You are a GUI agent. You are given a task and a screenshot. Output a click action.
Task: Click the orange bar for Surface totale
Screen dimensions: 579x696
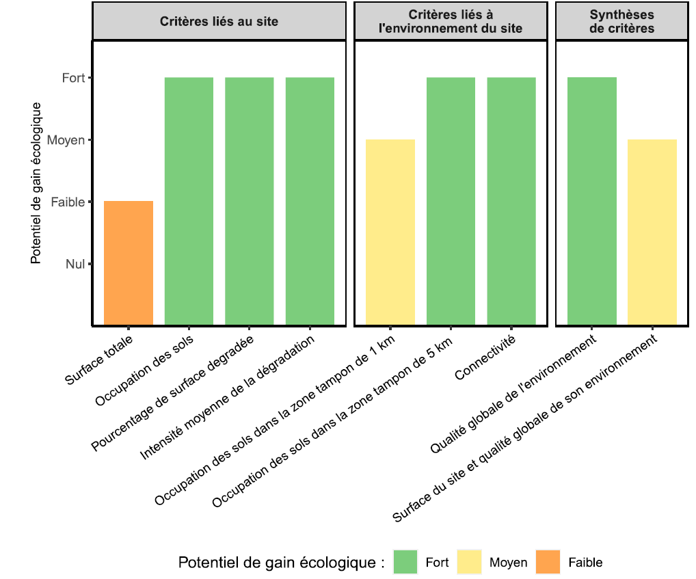(129, 263)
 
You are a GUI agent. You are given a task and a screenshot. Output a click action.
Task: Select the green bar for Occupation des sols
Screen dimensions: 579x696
(189, 201)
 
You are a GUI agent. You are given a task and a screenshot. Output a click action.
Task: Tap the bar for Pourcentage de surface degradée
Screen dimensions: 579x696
(250, 201)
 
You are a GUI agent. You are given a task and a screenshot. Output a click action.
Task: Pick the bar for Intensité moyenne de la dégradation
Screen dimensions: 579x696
(310, 201)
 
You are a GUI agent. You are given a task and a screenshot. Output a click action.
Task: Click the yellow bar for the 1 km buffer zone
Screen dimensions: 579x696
(390, 232)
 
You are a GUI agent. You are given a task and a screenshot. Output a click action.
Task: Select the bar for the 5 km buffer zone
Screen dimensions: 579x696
(451, 201)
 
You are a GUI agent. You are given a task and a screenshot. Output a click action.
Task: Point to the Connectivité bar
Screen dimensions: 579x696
(511, 201)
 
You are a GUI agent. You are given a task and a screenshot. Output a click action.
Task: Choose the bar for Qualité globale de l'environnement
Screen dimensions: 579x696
(592, 201)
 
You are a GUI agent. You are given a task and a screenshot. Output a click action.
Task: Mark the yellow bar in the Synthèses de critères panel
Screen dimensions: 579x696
(652, 232)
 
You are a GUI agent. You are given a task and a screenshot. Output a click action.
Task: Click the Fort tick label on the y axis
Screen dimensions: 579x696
(73, 78)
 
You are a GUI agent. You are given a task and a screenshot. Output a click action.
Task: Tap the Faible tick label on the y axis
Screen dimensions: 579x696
(68, 202)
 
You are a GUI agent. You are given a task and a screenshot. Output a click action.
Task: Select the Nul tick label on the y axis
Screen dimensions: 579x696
(75, 264)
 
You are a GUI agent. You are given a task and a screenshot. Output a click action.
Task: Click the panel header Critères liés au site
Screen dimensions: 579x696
(219, 21)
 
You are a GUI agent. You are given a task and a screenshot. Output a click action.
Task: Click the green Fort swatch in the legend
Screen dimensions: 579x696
(406, 563)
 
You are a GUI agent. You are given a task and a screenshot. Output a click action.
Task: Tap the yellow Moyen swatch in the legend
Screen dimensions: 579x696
(470, 563)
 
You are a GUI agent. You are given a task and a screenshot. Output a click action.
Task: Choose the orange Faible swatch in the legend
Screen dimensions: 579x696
(548, 563)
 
